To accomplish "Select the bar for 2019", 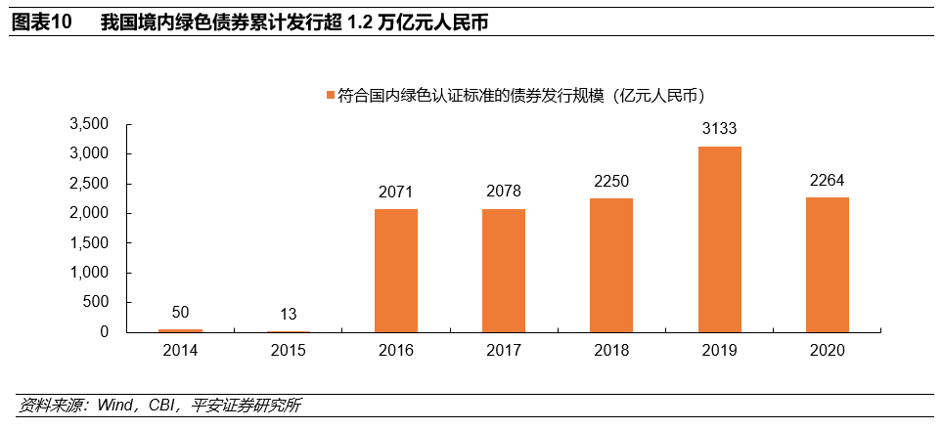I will click(719, 239).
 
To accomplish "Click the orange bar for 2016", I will click(396, 271).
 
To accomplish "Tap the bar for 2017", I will click(504, 271).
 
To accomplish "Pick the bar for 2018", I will click(611, 265).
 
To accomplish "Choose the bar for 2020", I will click(827, 265).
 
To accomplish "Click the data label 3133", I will click(719, 129).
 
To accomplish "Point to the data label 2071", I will click(396, 192).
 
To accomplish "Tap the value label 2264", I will click(827, 180).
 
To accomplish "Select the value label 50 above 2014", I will click(181, 313).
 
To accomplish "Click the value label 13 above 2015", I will click(289, 315).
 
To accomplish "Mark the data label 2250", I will click(611, 181).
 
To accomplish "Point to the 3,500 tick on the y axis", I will click(89, 124).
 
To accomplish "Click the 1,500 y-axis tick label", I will click(89, 243).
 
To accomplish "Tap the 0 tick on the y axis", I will click(104, 332).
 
